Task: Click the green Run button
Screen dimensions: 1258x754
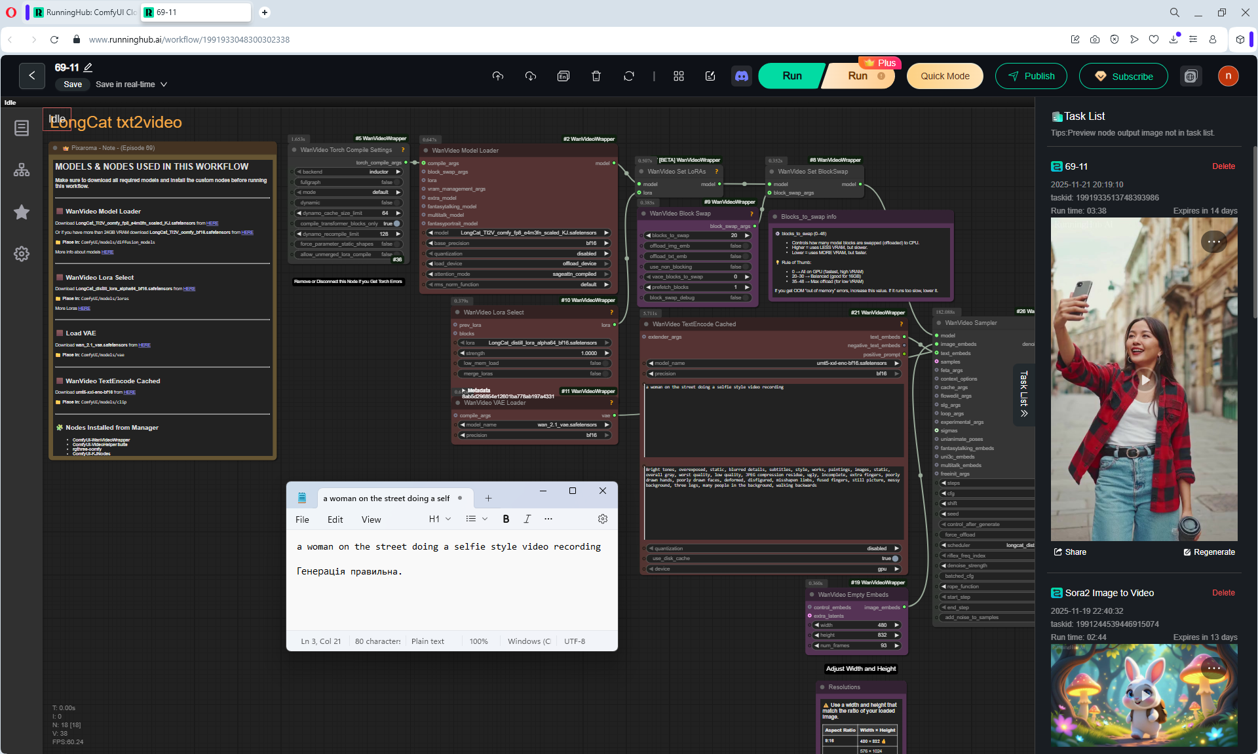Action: [791, 76]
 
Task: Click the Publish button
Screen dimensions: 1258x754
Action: [1031, 76]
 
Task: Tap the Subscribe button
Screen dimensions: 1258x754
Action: [1123, 76]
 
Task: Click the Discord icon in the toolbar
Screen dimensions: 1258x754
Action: [742, 76]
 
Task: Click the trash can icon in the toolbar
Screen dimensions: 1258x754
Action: [596, 76]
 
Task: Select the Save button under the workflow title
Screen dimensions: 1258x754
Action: [73, 85]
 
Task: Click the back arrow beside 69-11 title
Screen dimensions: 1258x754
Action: [32, 76]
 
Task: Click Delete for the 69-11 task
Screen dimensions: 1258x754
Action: [1223, 166]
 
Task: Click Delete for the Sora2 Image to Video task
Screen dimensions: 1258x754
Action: [1223, 593]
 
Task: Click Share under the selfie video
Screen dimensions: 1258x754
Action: [1070, 552]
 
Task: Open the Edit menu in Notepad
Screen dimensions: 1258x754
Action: [335, 519]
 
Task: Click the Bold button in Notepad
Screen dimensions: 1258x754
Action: [506, 519]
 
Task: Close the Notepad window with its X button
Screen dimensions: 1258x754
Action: [603, 491]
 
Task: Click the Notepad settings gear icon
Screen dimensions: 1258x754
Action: [603, 519]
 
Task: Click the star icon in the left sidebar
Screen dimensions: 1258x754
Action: [22, 212]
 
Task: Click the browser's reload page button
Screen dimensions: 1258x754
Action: [54, 39]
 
